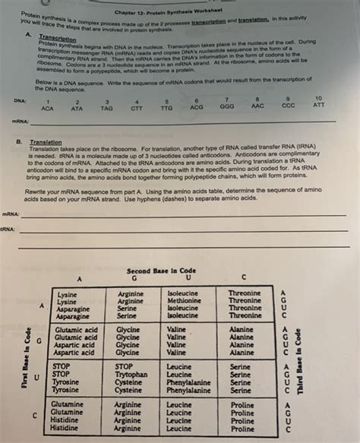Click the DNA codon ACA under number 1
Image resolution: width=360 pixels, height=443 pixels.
point(47,109)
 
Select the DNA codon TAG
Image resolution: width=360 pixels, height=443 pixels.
point(106,109)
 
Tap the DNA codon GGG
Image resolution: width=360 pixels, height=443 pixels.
point(227,108)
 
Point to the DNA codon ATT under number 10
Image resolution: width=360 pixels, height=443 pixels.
point(318,106)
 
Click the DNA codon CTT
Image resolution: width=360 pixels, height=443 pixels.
point(136,109)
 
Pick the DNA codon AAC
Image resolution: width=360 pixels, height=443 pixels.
point(257,107)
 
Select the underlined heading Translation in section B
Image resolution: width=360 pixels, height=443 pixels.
point(46,142)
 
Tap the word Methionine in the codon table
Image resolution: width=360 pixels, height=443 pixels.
point(185,301)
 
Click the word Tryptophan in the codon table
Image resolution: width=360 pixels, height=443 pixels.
point(131,375)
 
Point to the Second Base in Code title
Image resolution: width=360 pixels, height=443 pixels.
point(162,270)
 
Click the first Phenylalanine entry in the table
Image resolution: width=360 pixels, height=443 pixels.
point(188,383)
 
